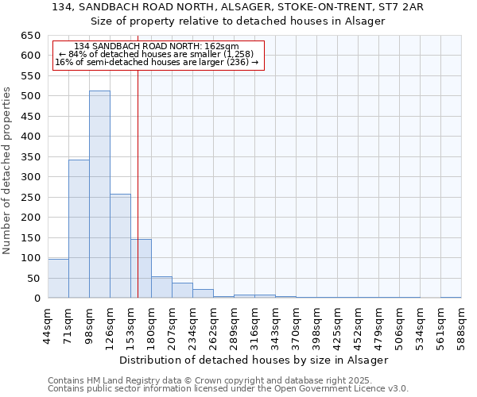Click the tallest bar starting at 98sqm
click(99, 195)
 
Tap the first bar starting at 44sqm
click(58, 278)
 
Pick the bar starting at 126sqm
click(120, 246)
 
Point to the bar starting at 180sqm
click(161, 287)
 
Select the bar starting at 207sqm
click(182, 291)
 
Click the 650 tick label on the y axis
click(29, 36)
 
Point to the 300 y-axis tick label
click(29, 177)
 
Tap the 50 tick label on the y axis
click(33, 278)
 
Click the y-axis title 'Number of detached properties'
click(7, 171)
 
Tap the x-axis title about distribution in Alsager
click(254, 360)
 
